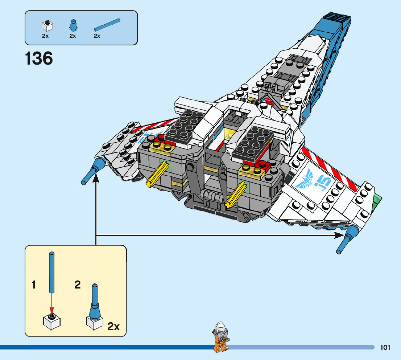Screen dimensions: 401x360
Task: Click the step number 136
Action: coord(39,59)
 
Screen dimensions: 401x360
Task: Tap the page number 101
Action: coord(385,348)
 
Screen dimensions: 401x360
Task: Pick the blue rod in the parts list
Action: coord(107,24)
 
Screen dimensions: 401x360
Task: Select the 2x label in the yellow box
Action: coord(113,327)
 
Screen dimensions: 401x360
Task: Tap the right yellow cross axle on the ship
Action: coord(236,196)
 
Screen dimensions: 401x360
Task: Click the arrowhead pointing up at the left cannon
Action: coord(96,177)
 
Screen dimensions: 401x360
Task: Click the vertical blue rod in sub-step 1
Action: coord(52,272)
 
